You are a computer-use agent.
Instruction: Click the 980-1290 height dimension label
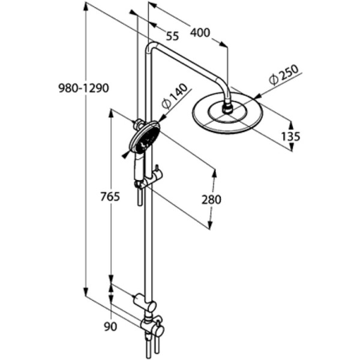coord(83,88)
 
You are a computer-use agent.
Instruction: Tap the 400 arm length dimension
coord(200,32)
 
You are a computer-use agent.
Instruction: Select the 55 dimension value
coord(172,36)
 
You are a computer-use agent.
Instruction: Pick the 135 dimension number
coord(290,136)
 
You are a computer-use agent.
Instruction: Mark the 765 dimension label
coord(110,196)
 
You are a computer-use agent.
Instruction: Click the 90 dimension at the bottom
coord(110,326)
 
